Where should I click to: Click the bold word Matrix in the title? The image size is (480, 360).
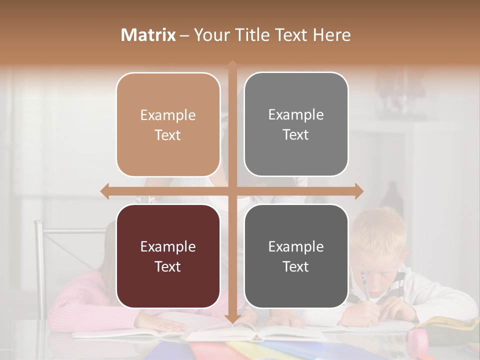click(148, 35)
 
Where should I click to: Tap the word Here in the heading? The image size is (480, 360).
click(331, 35)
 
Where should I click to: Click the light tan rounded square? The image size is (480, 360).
click(168, 124)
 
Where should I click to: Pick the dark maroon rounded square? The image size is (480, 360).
click(168, 256)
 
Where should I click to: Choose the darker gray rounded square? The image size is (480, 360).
click(296, 256)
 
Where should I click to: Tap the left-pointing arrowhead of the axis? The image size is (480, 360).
click(104, 191)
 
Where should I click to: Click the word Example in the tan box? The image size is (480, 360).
click(168, 115)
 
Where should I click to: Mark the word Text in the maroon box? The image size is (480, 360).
click(168, 266)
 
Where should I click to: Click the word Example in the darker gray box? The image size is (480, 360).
click(296, 246)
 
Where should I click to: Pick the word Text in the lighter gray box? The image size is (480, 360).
click(296, 134)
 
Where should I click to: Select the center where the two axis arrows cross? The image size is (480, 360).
click(232, 191)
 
